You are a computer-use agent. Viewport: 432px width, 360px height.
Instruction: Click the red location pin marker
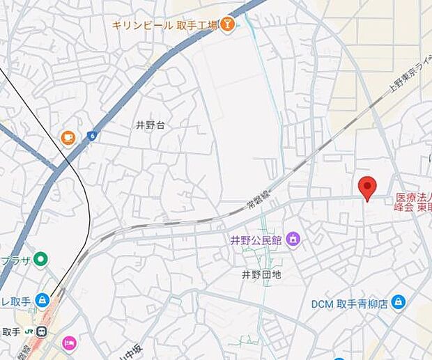(367, 187)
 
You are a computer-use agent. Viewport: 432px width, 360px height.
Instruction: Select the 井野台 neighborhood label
(151, 125)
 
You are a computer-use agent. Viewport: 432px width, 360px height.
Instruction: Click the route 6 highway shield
(91, 136)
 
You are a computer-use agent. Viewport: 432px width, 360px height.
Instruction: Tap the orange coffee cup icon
(68, 137)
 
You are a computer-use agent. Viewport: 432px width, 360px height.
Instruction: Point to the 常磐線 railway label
(258, 198)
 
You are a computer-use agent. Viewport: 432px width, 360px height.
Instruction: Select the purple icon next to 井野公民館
(293, 240)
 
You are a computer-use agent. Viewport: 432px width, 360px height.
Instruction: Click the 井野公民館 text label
(256, 240)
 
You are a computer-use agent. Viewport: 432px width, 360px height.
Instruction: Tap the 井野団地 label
(261, 274)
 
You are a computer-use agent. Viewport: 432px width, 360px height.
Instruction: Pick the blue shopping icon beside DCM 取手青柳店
(399, 302)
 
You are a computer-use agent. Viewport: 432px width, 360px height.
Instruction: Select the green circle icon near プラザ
(41, 260)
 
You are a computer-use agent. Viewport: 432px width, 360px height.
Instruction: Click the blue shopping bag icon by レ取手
(43, 300)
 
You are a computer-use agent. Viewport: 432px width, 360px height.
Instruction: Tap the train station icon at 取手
(42, 331)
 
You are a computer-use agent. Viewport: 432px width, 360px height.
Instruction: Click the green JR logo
(29, 331)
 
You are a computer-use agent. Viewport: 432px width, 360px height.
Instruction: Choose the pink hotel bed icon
(68, 343)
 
